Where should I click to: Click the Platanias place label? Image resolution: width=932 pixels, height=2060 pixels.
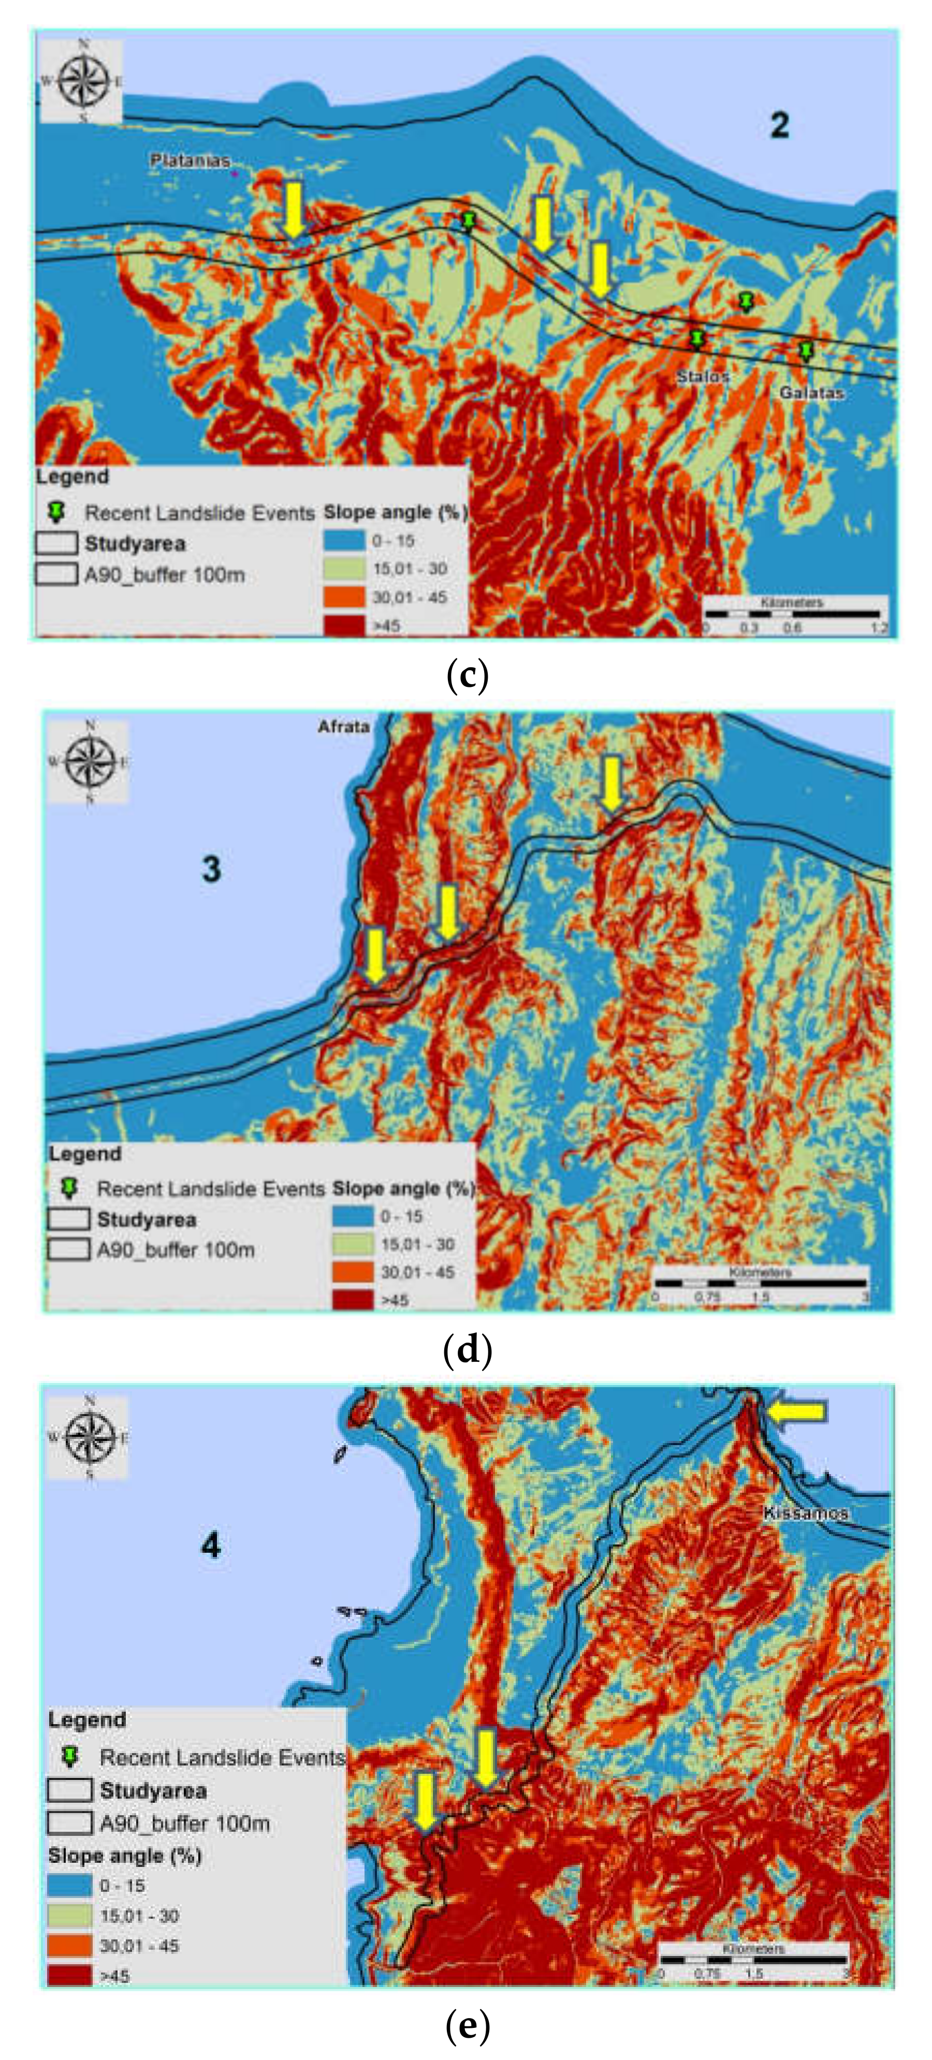(x=190, y=161)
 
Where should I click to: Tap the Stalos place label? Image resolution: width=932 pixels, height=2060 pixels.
(x=703, y=376)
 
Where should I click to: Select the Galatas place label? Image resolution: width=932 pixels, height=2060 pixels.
(x=811, y=393)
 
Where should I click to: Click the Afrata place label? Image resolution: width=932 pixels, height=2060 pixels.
(x=343, y=726)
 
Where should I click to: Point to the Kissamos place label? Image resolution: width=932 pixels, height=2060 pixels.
(x=805, y=1512)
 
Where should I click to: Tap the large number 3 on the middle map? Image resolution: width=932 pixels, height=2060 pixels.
(x=211, y=869)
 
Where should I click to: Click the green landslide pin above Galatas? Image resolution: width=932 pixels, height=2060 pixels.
(x=806, y=350)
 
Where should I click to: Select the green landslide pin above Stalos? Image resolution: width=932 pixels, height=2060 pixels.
(x=697, y=339)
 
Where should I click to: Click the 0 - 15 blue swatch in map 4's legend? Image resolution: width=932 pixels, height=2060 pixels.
(x=69, y=1886)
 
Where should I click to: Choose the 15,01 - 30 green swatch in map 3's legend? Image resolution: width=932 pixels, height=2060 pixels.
(x=353, y=1244)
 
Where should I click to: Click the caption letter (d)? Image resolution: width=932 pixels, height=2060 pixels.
(x=467, y=1350)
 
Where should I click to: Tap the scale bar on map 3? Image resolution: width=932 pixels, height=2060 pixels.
(x=760, y=1283)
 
